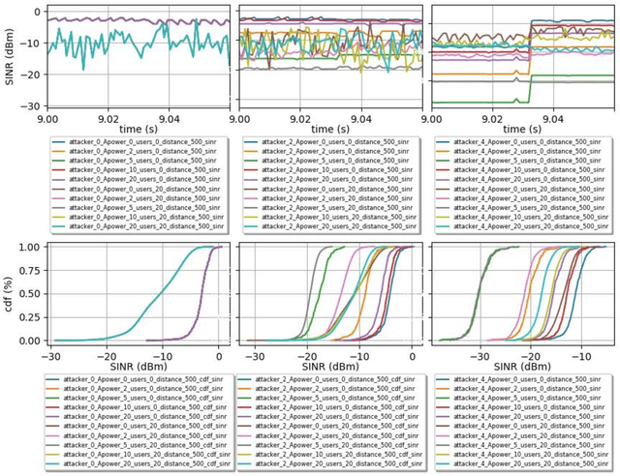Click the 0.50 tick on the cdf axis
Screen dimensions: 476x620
pyautogui.click(x=29, y=293)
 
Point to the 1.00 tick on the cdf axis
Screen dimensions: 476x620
pyautogui.click(x=29, y=247)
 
